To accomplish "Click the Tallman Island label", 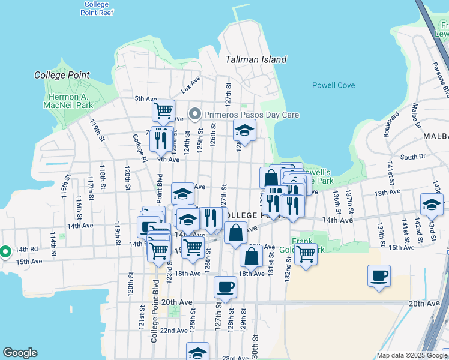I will [256, 59].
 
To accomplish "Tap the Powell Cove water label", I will [333, 85].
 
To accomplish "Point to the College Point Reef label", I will [96, 8].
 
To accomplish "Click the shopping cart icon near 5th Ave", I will [163, 110].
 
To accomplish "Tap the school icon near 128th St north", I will [244, 130].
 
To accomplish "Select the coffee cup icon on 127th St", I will [226, 287].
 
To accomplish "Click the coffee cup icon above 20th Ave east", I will [379, 276].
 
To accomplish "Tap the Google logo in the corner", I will [20, 353].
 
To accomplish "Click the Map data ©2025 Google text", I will [411, 355].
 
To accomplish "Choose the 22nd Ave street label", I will [173, 331].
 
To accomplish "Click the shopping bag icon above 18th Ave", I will [251, 256].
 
